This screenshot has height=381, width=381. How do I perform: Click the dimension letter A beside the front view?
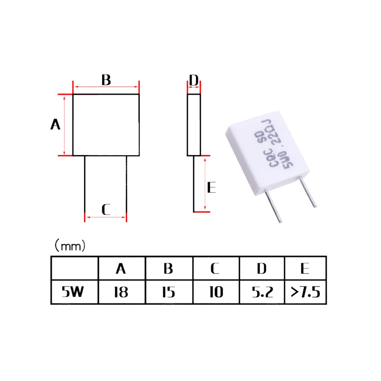(x=55, y=125)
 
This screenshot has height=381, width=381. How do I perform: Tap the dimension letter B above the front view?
(x=106, y=80)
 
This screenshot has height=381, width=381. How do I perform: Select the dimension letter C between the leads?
(x=106, y=210)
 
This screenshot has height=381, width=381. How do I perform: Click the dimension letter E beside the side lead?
(x=211, y=187)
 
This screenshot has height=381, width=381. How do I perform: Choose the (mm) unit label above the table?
(x=70, y=246)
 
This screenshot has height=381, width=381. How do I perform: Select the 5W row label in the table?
(x=73, y=292)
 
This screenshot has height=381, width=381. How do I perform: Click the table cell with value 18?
(x=122, y=292)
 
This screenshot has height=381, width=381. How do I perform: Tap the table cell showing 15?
(x=169, y=292)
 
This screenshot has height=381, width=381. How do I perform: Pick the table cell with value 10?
(x=216, y=292)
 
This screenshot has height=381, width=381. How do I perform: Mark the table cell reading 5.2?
(x=262, y=292)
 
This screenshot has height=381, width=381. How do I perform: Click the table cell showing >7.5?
(x=306, y=292)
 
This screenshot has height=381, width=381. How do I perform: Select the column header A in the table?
(x=121, y=269)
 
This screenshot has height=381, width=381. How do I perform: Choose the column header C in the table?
(x=215, y=269)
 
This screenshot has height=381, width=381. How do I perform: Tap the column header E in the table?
(x=305, y=269)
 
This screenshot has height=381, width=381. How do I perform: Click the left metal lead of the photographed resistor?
(x=273, y=206)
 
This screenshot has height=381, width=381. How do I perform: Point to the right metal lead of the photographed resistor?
(x=307, y=192)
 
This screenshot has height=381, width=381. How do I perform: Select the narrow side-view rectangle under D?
(x=194, y=125)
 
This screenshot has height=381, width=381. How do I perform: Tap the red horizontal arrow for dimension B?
(x=106, y=86)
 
